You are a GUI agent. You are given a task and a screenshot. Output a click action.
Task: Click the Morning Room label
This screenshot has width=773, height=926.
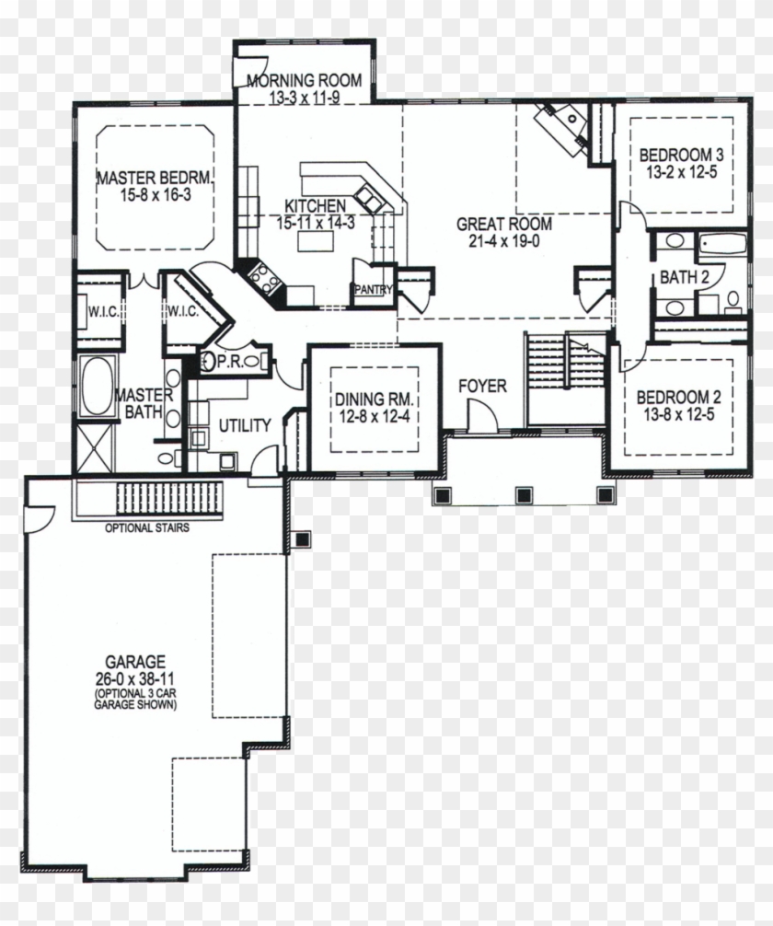click(304, 80)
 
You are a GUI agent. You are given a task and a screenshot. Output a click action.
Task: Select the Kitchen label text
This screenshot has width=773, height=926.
click(315, 205)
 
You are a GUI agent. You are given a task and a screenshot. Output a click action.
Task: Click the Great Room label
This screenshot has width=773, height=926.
click(504, 223)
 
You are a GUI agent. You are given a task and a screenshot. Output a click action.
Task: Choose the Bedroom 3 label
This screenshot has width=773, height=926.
click(682, 154)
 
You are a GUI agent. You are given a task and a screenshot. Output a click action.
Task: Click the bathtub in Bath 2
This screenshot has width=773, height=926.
click(721, 246)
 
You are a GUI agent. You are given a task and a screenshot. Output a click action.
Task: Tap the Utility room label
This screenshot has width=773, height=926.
click(244, 425)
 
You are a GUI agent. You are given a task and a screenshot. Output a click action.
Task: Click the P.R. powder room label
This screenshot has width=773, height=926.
click(229, 362)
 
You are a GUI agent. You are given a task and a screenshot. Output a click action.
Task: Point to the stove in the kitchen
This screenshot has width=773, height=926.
click(265, 274)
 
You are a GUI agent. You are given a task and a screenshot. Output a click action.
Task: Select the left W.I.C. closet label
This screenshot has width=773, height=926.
click(102, 311)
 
